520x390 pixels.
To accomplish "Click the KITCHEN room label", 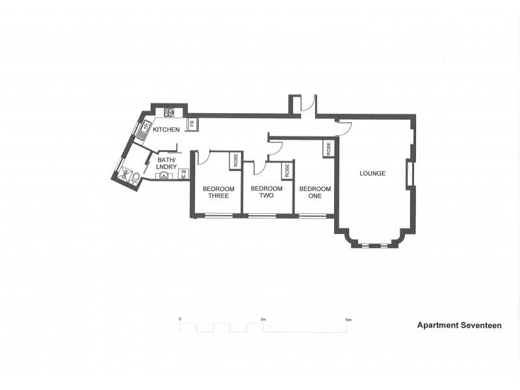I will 166,130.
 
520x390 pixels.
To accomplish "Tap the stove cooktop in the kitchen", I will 169,112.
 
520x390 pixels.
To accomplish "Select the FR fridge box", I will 192,124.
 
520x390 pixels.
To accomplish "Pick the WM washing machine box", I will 184,174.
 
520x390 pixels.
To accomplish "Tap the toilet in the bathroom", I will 135,176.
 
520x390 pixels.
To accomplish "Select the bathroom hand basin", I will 160,175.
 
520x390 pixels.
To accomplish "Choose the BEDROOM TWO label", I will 266,192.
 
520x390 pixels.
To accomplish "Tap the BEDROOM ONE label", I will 315,192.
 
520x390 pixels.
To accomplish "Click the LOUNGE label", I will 372,174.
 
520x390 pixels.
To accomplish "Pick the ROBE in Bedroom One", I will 328,149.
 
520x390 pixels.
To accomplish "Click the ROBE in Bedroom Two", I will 286,170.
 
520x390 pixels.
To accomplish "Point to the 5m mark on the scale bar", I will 263,320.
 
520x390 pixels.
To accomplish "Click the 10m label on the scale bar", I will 348,320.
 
